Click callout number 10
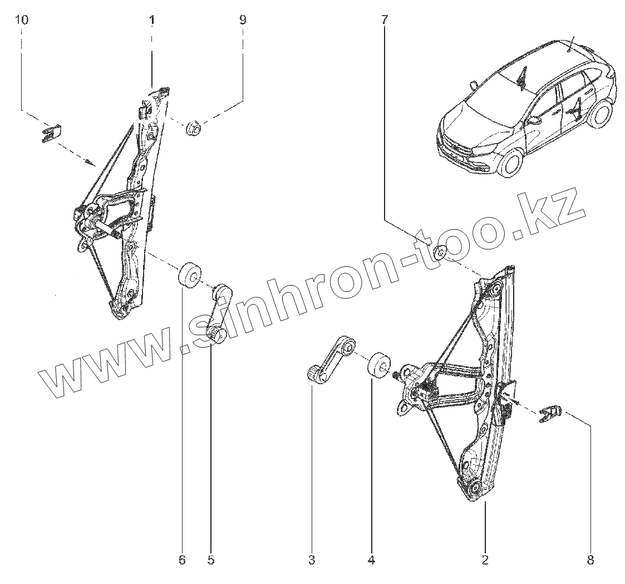[22, 21]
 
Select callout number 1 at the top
[152, 21]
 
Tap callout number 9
[243, 21]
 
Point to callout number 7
[385, 21]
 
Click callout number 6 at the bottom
[181, 560]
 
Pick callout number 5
[210, 560]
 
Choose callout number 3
[312, 560]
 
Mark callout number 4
[371, 560]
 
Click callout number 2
[485, 560]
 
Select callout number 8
[590, 560]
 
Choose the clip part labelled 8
[551, 414]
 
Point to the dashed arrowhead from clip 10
[91, 162]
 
